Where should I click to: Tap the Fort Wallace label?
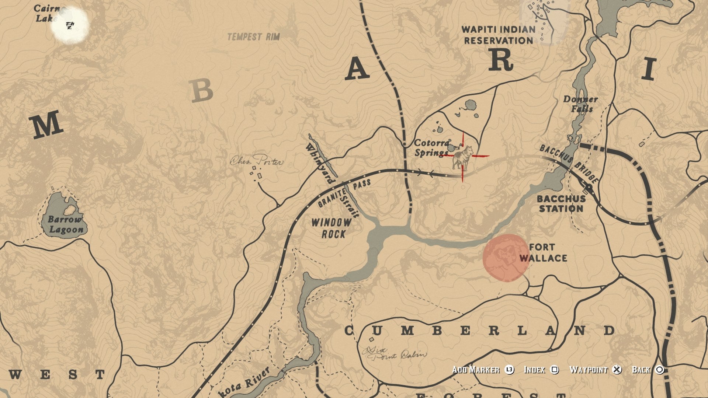(x=543, y=252)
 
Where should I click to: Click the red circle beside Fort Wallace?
(x=506, y=258)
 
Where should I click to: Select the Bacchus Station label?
(x=561, y=203)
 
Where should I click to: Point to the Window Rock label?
(x=332, y=228)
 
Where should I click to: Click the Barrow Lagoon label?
(x=66, y=224)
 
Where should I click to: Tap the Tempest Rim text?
(x=253, y=37)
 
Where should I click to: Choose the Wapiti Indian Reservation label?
(x=498, y=35)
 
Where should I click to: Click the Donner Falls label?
(x=580, y=104)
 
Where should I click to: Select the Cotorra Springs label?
(x=431, y=147)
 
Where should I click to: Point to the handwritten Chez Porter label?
(x=257, y=161)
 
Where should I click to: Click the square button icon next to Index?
(x=554, y=370)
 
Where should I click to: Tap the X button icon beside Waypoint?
(x=617, y=370)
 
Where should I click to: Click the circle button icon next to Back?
(x=660, y=370)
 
